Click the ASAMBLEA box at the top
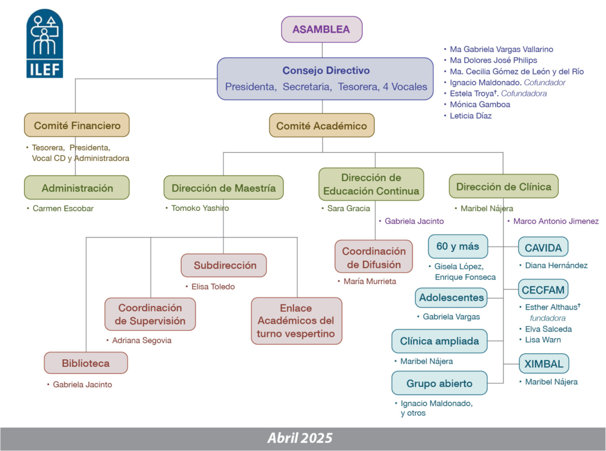click(x=321, y=30)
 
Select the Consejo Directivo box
click(x=325, y=78)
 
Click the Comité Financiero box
click(x=77, y=125)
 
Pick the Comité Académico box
click(x=321, y=125)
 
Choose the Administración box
click(x=77, y=188)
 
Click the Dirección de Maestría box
click(x=224, y=188)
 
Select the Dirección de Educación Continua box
click(x=371, y=184)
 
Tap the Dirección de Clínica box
click(x=504, y=186)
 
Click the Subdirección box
click(x=224, y=265)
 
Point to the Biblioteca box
click(x=86, y=363)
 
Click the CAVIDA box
click(x=543, y=247)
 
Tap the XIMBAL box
click(x=543, y=363)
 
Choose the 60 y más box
click(x=457, y=246)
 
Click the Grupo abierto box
click(x=439, y=383)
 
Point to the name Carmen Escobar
click(x=63, y=209)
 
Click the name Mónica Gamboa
click(x=480, y=105)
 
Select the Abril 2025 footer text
click(x=300, y=439)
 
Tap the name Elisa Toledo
click(x=213, y=287)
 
